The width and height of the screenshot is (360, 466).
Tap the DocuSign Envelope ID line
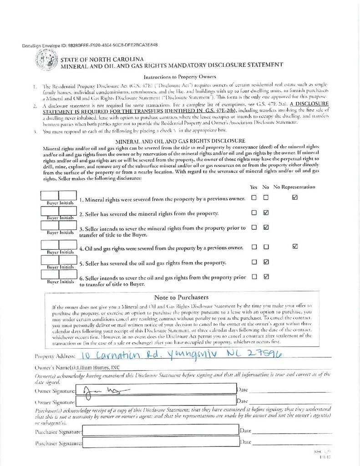pyautogui.click(x=90, y=46)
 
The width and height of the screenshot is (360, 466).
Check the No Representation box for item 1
pyautogui.click(x=295, y=198)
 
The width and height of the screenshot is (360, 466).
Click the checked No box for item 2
pyautogui.click(x=266, y=213)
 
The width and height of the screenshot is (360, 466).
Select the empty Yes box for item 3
pyautogui.click(x=254, y=227)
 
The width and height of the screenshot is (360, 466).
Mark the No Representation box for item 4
pyautogui.click(x=295, y=247)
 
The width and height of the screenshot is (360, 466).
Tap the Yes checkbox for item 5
pyautogui.click(x=254, y=262)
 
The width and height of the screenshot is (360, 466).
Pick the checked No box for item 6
pyautogui.click(x=266, y=276)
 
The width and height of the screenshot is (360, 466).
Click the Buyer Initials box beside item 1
pyautogui.click(x=59, y=195)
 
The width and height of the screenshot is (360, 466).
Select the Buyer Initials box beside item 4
pyautogui.click(x=59, y=245)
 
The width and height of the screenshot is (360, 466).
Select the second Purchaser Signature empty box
pyautogui.click(x=159, y=442)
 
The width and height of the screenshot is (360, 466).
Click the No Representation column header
pyautogui.click(x=294, y=187)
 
